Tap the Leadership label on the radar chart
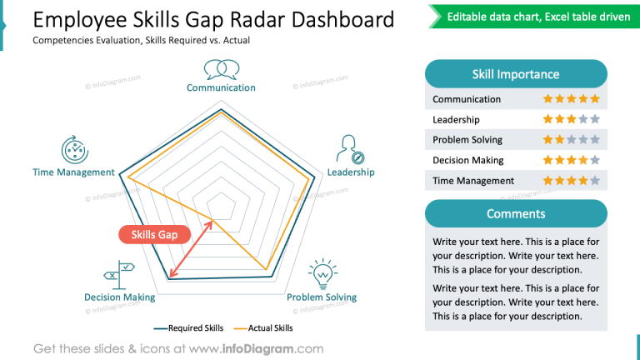[350, 172]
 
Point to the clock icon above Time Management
[74, 149]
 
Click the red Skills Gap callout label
[154, 235]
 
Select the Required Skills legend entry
[189, 328]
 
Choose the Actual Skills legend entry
[263, 328]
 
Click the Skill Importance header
[515, 74]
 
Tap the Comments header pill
[515, 214]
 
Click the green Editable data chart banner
[537, 17]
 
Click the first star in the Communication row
[548, 99]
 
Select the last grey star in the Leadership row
[595, 119]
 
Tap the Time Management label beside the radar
[73, 172]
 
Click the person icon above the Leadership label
[349, 149]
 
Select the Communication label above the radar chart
[221, 87]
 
